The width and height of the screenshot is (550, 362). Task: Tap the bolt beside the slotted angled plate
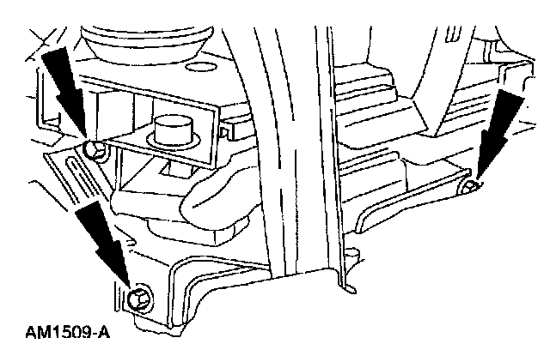(x=96, y=151)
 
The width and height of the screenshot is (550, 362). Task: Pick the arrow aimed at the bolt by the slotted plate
(x=67, y=94)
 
